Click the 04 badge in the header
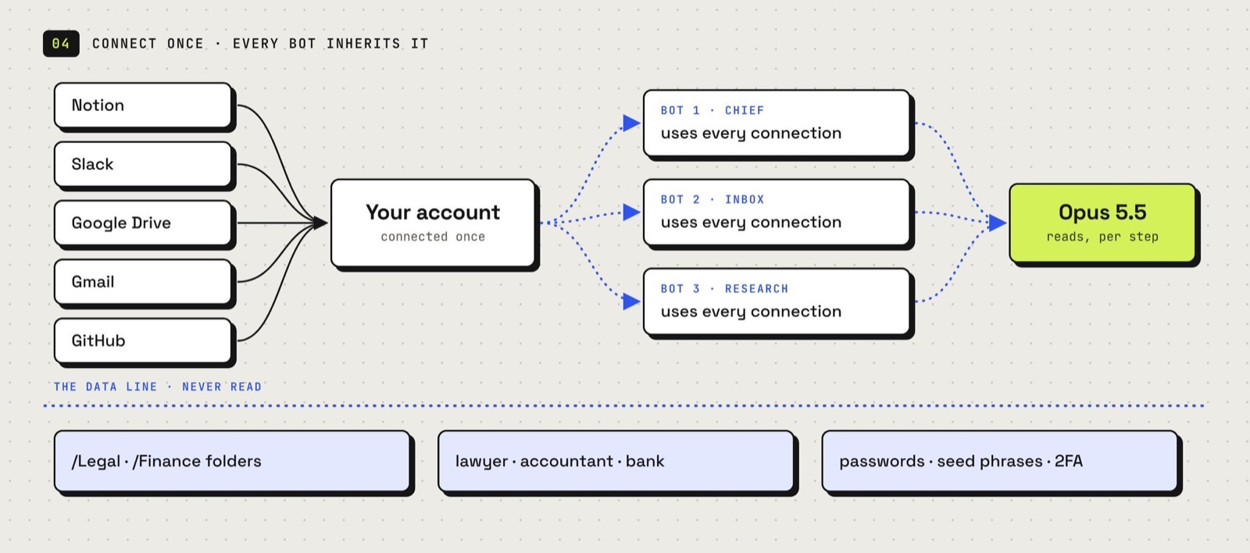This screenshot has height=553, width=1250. click(x=61, y=44)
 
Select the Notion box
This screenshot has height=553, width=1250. click(x=143, y=105)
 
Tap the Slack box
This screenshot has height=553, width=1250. click(x=143, y=164)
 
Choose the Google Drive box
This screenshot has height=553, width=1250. click(x=143, y=223)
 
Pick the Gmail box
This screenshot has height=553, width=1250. click(x=143, y=282)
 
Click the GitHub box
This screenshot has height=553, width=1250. click(x=143, y=341)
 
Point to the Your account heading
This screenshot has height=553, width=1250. click(x=433, y=212)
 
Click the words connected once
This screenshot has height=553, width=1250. click(x=433, y=237)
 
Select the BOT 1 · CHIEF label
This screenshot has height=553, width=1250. click(x=712, y=110)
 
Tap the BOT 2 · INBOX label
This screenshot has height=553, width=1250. click(x=712, y=200)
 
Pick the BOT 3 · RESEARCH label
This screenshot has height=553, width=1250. click(x=724, y=289)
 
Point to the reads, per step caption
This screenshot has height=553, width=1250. click(x=1102, y=237)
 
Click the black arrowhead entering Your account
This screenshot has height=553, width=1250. click(x=320, y=223)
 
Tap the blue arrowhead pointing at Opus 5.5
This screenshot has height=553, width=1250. click(x=998, y=223)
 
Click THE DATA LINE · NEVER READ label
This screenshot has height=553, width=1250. click(x=157, y=387)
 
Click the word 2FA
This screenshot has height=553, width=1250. click(x=1069, y=461)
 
